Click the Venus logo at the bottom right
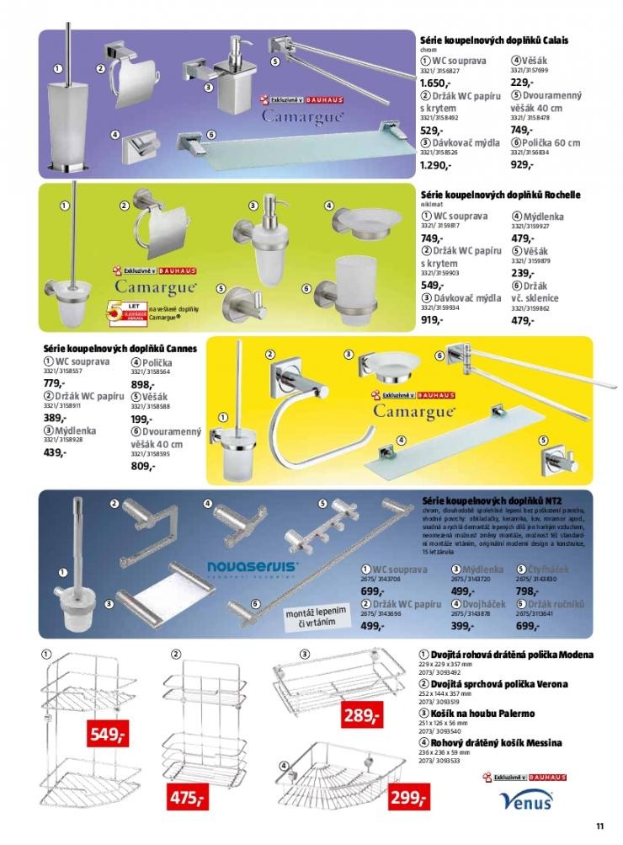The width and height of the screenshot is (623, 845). tap(525, 800)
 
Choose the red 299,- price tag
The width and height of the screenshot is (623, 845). tap(407, 798)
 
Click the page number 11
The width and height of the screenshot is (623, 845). tap(599, 825)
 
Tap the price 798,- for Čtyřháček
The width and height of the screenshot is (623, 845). tap(530, 591)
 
